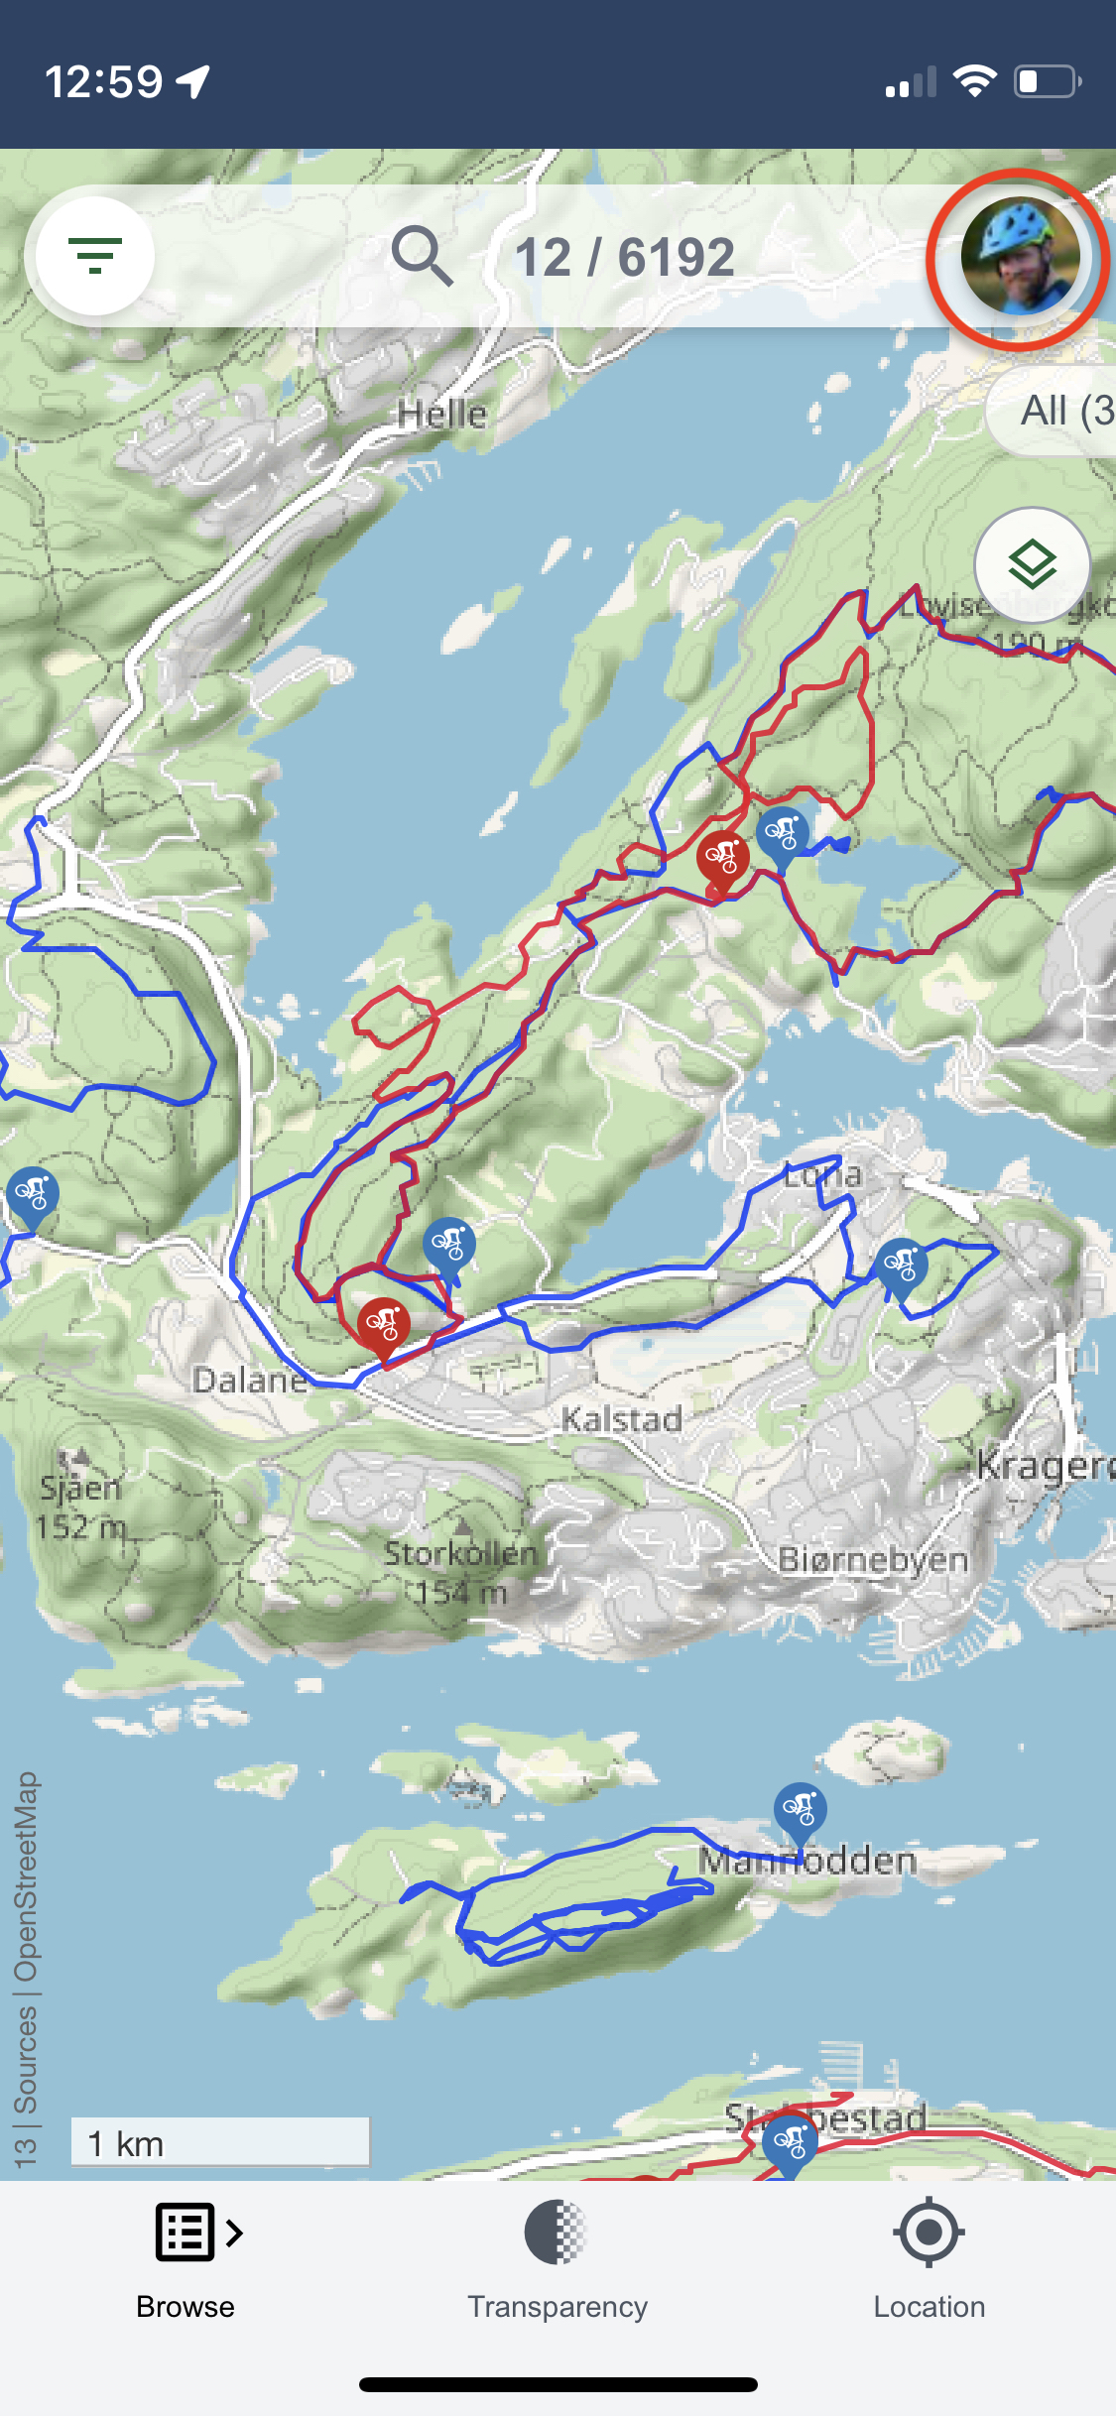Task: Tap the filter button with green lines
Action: click(x=95, y=256)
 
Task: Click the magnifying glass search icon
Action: click(x=422, y=256)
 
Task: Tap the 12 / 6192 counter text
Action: click(x=624, y=258)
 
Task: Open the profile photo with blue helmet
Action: click(x=1019, y=256)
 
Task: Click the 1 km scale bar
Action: click(x=220, y=2142)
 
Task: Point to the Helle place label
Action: click(x=441, y=414)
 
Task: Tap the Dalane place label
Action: click(x=250, y=1380)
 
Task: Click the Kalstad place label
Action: click(x=622, y=1419)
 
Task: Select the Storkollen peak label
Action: click(x=460, y=1553)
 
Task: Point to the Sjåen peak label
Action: click(x=81, y=1488)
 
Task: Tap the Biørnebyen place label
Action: click(x=873, y=1559)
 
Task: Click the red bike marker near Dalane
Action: click(x=383, y=1325)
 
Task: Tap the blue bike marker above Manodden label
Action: click(x=800, y=1811)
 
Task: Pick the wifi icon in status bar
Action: click(x=974, y=81)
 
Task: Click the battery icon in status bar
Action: click(x=1047, y=81)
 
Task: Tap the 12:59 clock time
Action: click(x=103, y=81)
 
